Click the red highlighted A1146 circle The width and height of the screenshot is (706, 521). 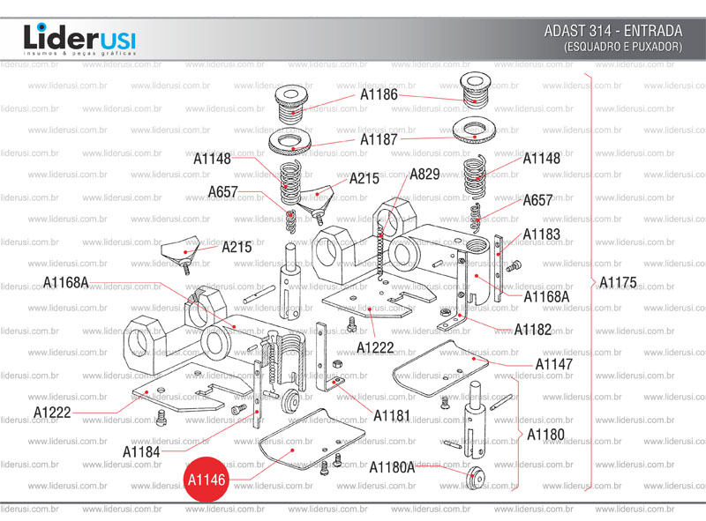[207, 479]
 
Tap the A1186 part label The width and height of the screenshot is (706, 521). [379, 94]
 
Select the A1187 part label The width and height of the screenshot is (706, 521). [379, 139]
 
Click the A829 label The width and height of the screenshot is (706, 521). [424, 174]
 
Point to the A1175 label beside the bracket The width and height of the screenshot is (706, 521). [618, 283]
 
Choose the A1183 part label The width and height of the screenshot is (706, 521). [541, 234]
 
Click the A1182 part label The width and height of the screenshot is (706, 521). [532, 330]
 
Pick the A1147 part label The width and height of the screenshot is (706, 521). [553, 364]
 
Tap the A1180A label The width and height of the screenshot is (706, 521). [391, 467]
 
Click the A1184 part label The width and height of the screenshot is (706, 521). [141, 451]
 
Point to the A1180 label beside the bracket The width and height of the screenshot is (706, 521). [545, 435]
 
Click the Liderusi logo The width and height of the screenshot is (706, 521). [79, 40]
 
